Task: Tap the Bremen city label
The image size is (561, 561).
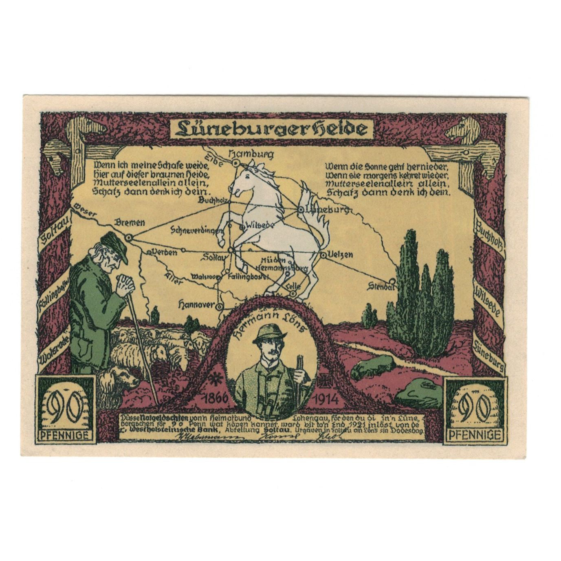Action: click(x=130, y=222)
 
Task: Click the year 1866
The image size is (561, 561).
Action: click(x=214, y=398)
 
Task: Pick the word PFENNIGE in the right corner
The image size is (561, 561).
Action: click(x=475, y=435)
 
